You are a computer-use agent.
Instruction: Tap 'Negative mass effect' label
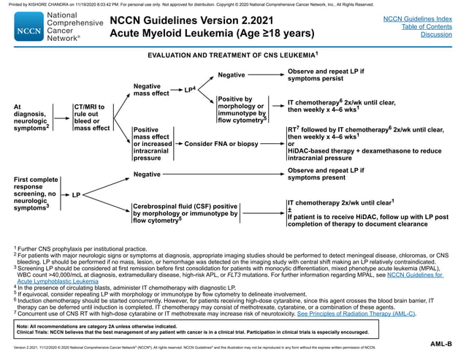[151, 90]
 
